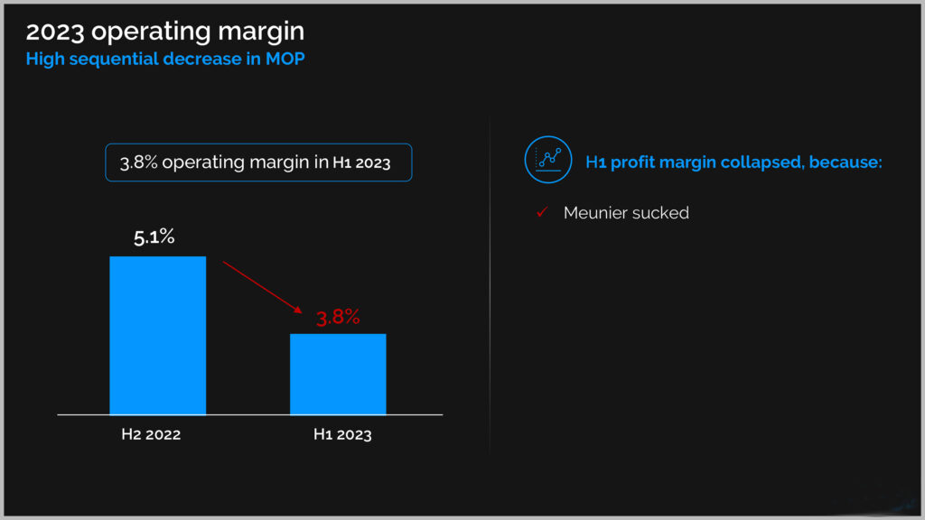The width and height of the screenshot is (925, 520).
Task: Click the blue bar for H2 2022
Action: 157,336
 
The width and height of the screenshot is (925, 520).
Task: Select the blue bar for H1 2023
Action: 338,375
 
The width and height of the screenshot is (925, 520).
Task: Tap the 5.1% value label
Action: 154,237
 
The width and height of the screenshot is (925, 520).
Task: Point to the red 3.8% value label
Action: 338,317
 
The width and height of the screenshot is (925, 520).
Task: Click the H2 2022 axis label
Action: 151,434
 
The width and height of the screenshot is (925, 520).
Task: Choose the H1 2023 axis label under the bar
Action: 342,434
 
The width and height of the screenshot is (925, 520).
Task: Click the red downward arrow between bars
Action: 263,287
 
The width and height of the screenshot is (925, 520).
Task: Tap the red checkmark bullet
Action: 542,212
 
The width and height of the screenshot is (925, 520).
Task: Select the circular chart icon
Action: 548,160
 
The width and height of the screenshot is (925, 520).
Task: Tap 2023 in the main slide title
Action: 55,32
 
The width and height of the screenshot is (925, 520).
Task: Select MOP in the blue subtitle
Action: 285,59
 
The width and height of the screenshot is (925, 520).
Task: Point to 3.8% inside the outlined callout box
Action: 138,162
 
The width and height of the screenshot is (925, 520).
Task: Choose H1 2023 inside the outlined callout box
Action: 361,162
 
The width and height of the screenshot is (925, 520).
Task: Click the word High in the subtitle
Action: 45,60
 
